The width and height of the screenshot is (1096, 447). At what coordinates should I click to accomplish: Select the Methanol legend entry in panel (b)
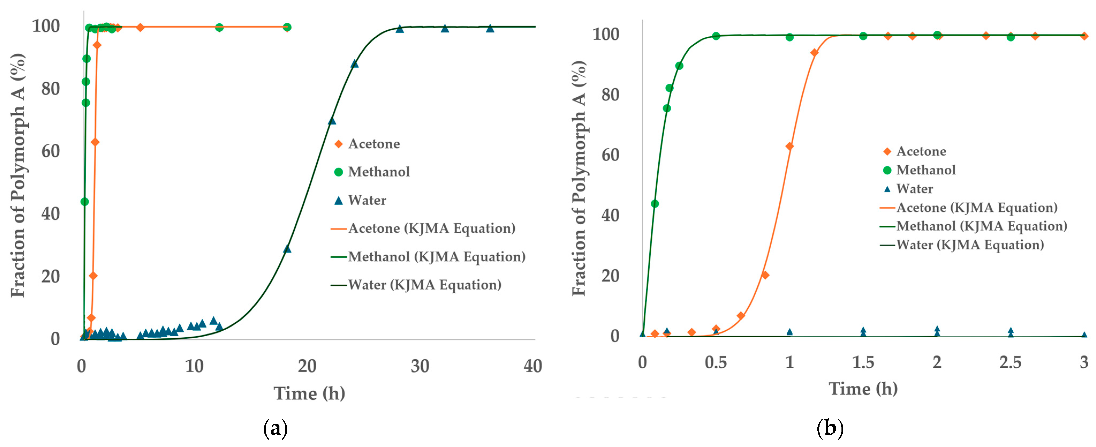pos(926,170)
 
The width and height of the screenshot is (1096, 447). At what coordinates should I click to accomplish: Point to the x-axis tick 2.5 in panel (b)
pos(1010,362)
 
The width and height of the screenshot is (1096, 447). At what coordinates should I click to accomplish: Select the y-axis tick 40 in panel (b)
pos(610,216)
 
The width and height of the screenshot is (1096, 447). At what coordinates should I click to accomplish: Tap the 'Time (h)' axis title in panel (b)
pos(863,388)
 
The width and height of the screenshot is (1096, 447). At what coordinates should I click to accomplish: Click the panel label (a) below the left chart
pos(275,428)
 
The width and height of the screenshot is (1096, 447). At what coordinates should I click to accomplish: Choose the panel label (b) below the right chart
pos(830,428)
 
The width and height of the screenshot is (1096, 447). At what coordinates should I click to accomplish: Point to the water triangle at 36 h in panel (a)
pos(490,28)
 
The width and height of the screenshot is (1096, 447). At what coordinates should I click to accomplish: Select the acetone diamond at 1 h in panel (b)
pos(789,146)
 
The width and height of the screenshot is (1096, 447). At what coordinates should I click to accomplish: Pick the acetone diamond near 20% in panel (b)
pos(765,275)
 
